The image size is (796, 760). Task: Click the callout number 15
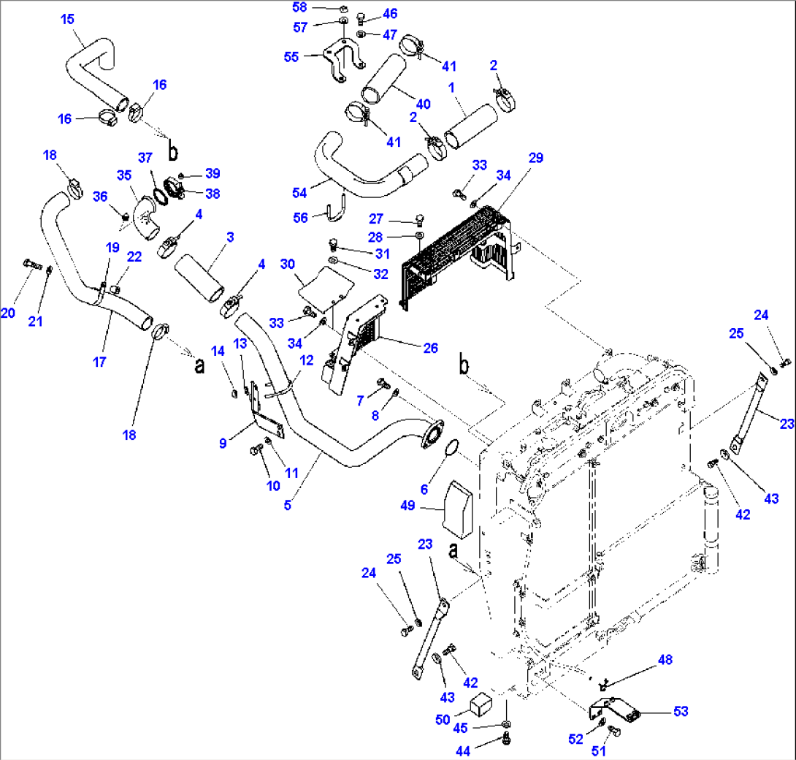tap(67, 19)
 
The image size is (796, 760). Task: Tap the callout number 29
tap(537, 158)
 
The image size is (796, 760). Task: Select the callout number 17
tap(100, 361)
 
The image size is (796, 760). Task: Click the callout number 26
tap(431, 348)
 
